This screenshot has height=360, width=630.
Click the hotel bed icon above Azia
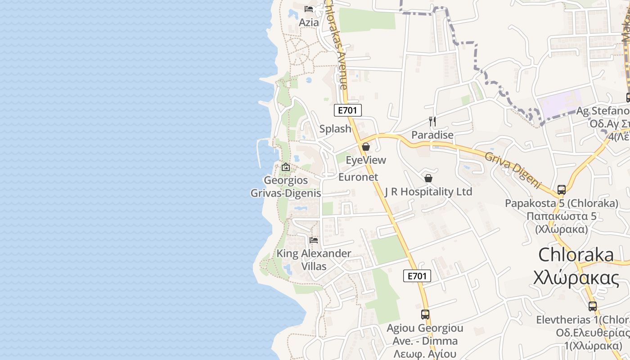309,9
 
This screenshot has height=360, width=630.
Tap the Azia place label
309,22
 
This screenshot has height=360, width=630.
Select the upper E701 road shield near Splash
348,110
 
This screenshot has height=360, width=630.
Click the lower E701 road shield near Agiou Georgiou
417,276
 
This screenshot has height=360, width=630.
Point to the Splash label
335,129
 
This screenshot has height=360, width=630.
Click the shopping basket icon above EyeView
366,147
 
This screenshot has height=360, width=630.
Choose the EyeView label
366,160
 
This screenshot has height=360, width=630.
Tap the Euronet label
358,177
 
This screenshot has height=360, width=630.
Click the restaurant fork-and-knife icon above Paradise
432,121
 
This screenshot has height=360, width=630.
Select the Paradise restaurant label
432,135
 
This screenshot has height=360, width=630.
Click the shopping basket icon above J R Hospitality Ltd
428,179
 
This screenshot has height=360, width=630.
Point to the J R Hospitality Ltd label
428,192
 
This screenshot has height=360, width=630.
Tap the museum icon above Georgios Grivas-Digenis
286,167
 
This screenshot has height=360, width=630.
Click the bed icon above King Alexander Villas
314,240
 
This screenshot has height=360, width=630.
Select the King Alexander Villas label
314,260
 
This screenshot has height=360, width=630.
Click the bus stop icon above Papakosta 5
562,190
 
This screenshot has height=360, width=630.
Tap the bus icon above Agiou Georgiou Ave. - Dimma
425,315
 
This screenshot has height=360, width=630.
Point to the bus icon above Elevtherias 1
593,306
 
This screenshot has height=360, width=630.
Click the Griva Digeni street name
512,169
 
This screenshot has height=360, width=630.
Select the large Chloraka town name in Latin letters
576,255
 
